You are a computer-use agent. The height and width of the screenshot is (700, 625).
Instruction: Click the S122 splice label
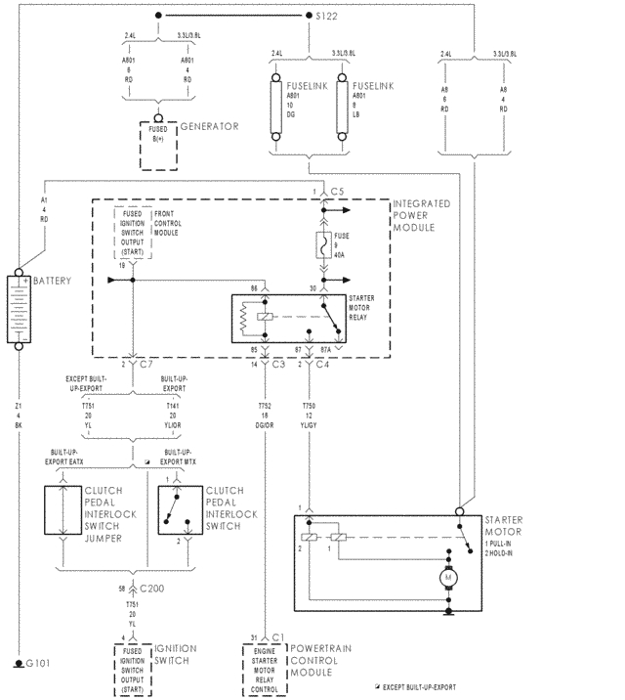(326, 16)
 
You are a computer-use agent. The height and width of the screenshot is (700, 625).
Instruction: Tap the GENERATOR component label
(209, 127)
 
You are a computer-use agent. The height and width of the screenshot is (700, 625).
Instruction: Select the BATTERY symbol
(20, 310)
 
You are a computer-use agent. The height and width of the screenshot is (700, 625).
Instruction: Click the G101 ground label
(36, 663)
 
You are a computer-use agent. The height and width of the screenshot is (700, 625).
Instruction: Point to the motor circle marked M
(450, 578)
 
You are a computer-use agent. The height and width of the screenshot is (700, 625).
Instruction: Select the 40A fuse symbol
(321, 244)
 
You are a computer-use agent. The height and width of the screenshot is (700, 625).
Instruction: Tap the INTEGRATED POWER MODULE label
(421, 214)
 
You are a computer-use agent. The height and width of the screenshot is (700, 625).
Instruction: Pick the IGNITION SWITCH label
(175, 655)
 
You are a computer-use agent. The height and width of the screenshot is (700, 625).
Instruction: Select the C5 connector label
(338, 190)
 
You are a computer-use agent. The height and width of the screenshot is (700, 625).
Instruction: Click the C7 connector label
(146, 364)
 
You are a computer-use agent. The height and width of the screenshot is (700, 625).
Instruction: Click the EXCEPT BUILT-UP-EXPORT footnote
(417, 687)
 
